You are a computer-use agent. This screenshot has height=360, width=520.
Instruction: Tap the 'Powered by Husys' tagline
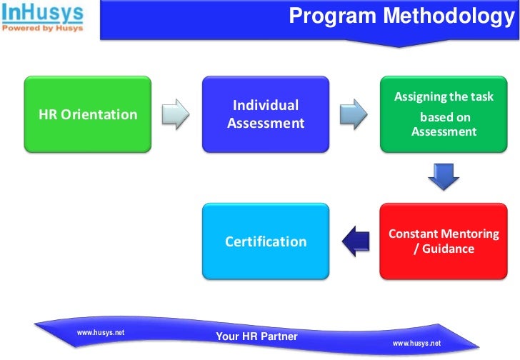[x=42, y=29]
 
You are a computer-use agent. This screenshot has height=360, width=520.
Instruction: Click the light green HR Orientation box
[x=89, y=114]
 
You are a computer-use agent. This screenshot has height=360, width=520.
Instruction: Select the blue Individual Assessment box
[x=265, y=114]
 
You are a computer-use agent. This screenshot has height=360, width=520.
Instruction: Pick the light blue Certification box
[x=265, y=241]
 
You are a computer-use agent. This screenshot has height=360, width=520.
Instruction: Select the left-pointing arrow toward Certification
[x=354, y=241]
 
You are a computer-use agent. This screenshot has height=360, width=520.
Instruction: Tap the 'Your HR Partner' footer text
[x=256, y=336]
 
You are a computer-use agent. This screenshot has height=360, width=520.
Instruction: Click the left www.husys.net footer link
[x=101, y=333]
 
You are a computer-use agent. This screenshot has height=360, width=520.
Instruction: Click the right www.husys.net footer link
[x=416, y=344]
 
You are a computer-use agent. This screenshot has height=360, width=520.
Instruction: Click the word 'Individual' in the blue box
[x=266, y=106]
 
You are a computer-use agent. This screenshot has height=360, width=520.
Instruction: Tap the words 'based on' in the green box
[x=444, y=117]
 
